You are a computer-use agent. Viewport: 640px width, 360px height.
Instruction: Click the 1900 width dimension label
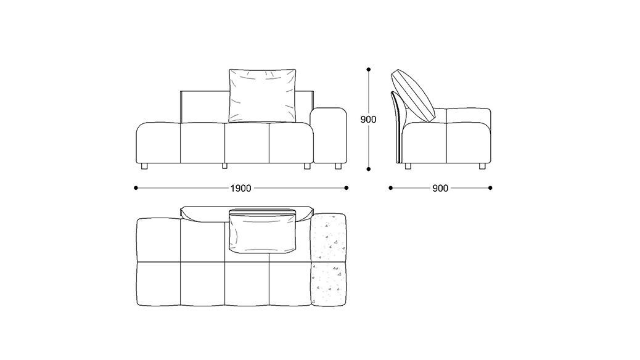pos(241,188)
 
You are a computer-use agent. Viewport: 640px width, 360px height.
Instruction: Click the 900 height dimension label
pos(368,120)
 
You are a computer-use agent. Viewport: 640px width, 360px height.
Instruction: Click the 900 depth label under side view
pos(440,188)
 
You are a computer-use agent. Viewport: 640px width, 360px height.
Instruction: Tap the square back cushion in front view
pos(263,96)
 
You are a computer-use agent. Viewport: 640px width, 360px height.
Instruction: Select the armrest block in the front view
pos(328,135)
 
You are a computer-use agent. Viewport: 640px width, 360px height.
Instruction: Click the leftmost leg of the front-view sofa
pos(144,166)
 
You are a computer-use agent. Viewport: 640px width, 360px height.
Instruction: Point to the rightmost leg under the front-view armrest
pos(338,166)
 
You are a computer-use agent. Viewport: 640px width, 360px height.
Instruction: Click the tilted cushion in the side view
pos(413,96)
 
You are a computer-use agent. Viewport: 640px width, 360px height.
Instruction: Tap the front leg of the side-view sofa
pos(482,166)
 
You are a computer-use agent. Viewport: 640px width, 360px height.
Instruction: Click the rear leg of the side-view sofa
pos(408,166)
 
